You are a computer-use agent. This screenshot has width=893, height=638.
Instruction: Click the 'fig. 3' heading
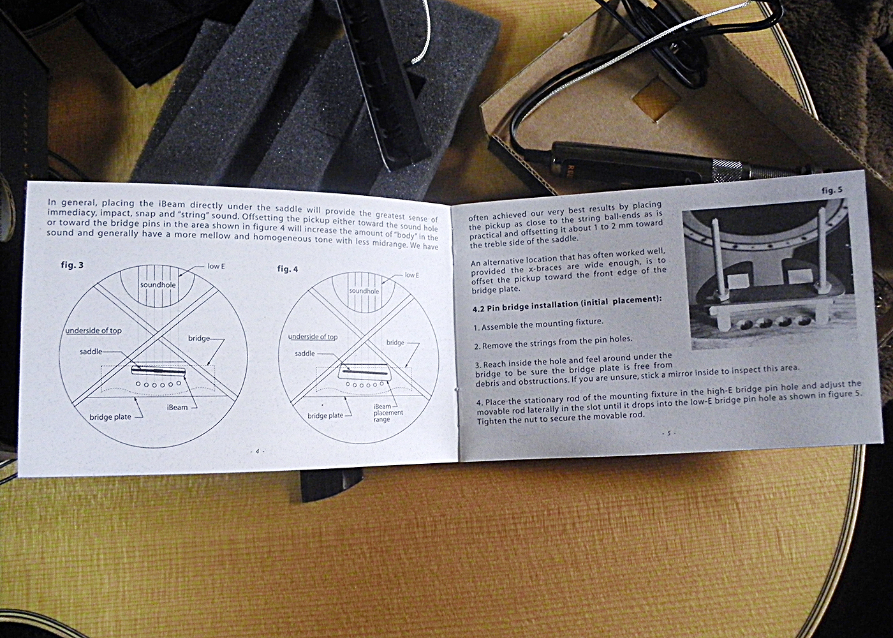pyautogui.click(x=73, y=265)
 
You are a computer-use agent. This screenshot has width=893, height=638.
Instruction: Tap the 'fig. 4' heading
pyautogui.click(x=288, y=269)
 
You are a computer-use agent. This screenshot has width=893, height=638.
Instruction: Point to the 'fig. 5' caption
pyautogui.click(x=832, y=190)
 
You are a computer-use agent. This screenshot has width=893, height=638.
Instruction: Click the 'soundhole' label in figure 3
pyautogui.click(x=158, y=285)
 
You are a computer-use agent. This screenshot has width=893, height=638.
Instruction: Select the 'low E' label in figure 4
pyautogui.click(x=412, y=275)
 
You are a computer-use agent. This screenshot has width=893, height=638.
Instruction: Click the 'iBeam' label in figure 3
pyautogui.click(x=177, y=407)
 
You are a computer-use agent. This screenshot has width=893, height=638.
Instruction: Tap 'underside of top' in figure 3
pyautogui.click(x=93, y=330)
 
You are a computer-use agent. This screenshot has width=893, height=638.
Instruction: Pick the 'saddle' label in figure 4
pyautogui.click(x=305, y=353)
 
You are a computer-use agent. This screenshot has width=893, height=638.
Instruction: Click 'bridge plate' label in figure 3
pyautogui.click(x=110, y=417)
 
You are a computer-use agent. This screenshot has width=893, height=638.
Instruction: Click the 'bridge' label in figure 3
pyautogui.click(x=199, y=339)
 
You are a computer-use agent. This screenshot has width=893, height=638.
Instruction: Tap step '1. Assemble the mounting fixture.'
pyautogui.click(x=538, y=324)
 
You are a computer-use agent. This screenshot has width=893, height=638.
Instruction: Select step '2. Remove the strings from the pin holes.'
pyautogui.click(x=554, y=342)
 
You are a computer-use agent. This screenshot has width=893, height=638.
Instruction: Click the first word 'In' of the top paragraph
pyautogui.click(x=52, y=202)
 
